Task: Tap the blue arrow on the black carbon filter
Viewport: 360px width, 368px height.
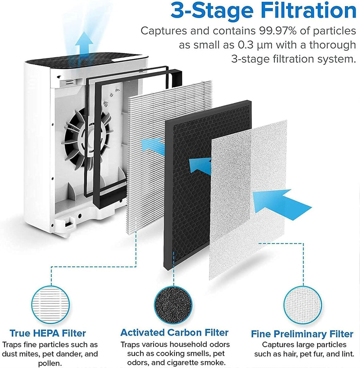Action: (200, 164)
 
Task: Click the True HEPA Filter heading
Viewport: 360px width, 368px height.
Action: (48, 333)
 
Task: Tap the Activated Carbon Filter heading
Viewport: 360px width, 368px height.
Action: (174, 332)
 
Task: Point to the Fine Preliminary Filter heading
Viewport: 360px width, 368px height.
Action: (302, 334)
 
